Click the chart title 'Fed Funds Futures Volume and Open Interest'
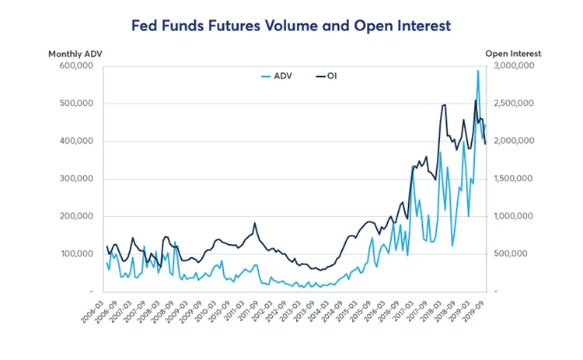(x=291, y=26)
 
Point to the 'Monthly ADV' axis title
(x=75, y=54)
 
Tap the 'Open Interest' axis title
(x=513, y=54)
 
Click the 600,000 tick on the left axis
(x=78, y=67)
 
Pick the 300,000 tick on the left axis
(x=78, y=179)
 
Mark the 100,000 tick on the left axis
(x=78, y=254)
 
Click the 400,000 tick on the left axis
(x=78, y=142)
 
